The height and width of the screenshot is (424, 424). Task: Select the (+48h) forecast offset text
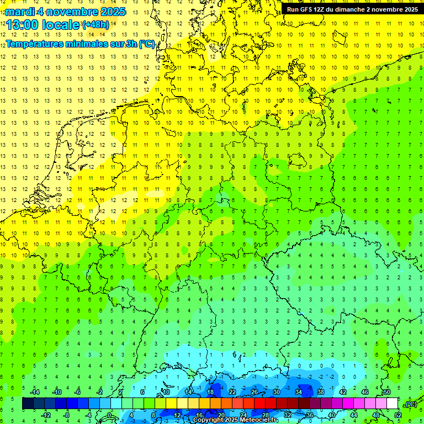coord(96,25)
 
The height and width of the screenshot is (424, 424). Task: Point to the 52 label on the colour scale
coord(398,415)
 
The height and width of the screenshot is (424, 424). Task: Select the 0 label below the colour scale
coord(110,415)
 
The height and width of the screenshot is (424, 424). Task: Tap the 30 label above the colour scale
coord(276,392)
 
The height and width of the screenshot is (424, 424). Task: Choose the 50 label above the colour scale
coord(386,392)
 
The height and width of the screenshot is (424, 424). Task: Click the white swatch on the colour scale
coord(392,404)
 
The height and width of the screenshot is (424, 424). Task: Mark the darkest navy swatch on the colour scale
coord(28,404)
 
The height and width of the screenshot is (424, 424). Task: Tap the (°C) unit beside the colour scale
coord(411,404)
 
